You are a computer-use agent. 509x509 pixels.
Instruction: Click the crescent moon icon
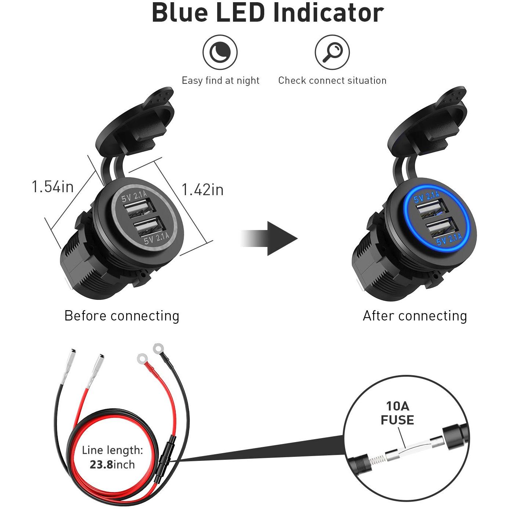(x=220, y=52)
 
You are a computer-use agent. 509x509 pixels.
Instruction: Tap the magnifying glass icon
(x=332, y=52)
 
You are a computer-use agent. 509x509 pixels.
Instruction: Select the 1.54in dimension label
(x=53, y=186)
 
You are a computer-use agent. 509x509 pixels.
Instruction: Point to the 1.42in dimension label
(x=202, y=190)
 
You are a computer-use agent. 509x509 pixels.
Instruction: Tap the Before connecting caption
(x=122, y=316)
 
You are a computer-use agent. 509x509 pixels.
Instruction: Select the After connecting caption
(x=415, y=316)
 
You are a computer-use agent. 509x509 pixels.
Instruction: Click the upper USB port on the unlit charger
(x=138, y=208)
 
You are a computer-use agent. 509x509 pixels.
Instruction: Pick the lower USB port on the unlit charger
(x=148, y=225)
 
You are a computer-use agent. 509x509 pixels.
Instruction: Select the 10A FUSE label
(x=397, y=413)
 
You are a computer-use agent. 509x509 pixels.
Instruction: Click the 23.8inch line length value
(x=112, y=465)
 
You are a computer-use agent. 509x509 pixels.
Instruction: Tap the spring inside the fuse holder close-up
(x=379, y=460)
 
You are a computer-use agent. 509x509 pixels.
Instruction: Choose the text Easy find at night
(x=221, y=80)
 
